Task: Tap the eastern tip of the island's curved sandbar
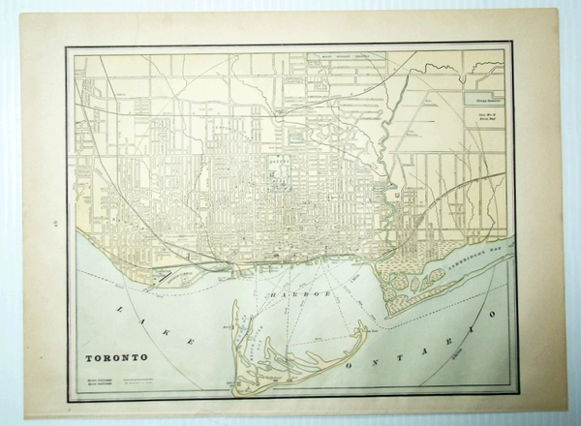tap(365, 330)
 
